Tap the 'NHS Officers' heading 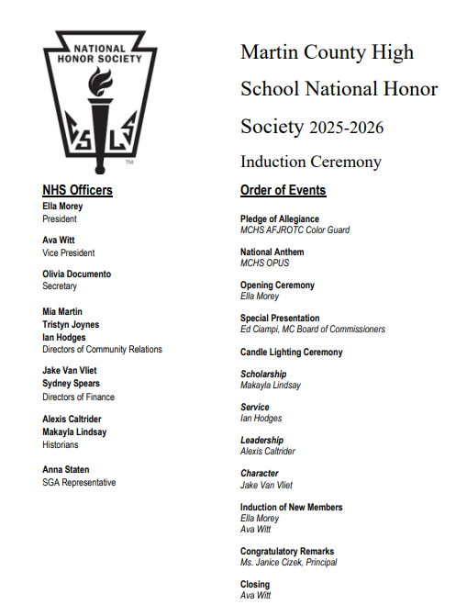(x=77, y=190)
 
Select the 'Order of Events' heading (x=283, y=190)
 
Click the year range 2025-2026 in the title (x=346, y=128)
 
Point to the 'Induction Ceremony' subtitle (x=310, y=162)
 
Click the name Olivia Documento (x=76, y=274)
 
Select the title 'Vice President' (x=68, y=252)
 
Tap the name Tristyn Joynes (x=71, y=325)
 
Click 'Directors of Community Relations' (x=102, y=349)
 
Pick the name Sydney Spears (x=71, y=384)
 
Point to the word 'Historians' (x=61, y=444)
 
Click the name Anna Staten (x=66, y=470)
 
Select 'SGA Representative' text (x=79, y=482)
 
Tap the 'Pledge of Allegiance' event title (x=280, y=218)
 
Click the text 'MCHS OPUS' (x=265, y=263)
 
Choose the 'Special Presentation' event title (x=280, y=318)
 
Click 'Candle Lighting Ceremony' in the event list (x=291, y=352)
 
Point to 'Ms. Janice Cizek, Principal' (x=288, y=562)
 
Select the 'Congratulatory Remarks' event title (x=287, y=551)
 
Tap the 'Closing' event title (x=255, y=584)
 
